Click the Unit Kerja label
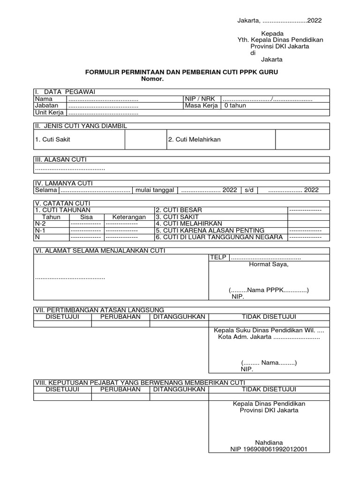tap(49, 112)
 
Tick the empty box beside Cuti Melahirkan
tap(302, 140)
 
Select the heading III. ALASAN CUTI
tap(60, 160)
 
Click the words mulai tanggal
tap(154, 190)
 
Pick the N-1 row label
tap(40, 230)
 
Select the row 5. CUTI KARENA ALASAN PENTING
tap(210, 230)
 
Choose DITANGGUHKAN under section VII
tap(180, 317)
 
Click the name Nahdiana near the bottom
tap(269, 442)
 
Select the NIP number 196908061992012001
tap(269, 449)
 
